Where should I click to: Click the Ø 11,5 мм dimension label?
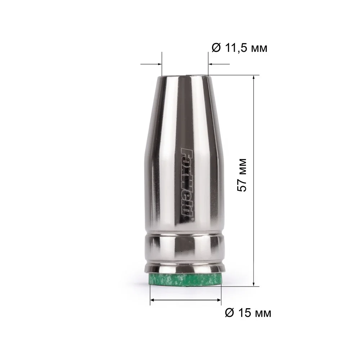(239, 48)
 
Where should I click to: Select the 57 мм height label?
(242, 175)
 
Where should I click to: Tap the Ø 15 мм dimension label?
(248, 313)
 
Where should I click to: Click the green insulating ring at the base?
(185, 279)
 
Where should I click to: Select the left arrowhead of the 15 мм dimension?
(153, 300)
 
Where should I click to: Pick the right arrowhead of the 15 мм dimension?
(219, 300)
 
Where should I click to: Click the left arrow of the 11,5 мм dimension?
(151, 64)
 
